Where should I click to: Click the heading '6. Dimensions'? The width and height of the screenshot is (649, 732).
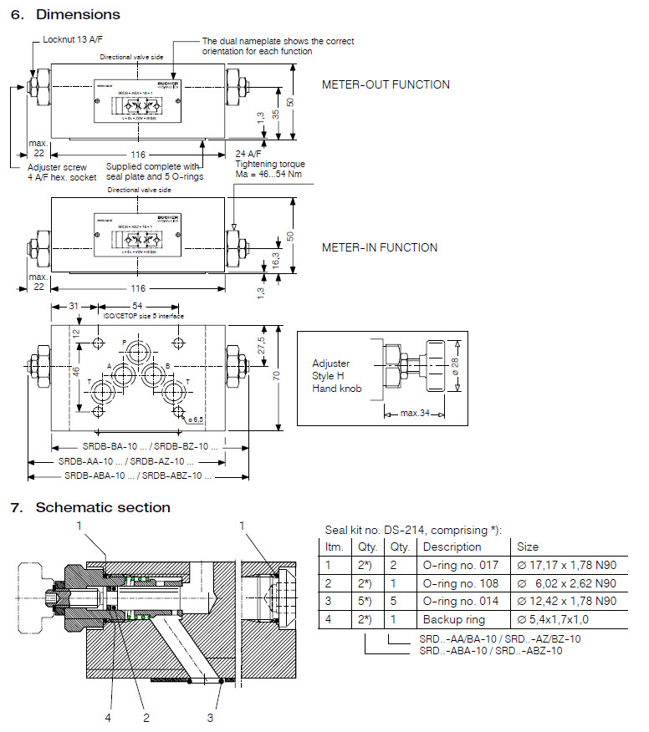[65, 14]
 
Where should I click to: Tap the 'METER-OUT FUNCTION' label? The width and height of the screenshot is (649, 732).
[386, 84]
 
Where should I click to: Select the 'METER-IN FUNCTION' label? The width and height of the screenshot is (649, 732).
[380, 247]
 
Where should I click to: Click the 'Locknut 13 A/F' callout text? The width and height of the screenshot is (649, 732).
[74, 40]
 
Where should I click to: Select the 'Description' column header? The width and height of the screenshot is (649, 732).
[452, 546]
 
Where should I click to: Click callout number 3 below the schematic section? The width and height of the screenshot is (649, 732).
[210, 716]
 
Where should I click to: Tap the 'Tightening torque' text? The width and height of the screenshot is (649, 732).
[269, 164]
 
